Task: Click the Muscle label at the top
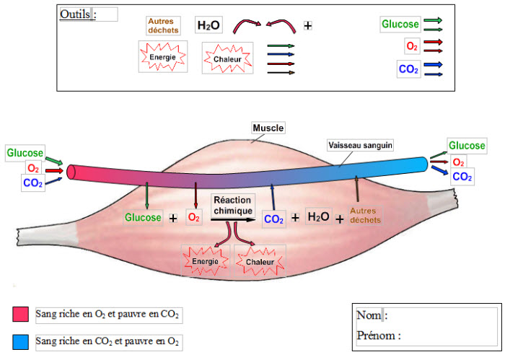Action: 268,128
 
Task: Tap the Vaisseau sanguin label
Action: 359,144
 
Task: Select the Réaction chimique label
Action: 232,205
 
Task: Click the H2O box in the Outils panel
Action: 209,26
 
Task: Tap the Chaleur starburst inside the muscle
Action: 260,261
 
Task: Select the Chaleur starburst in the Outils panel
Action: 227,58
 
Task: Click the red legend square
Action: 20,314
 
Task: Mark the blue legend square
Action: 20,341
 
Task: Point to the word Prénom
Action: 379,335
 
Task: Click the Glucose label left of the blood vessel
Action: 25,152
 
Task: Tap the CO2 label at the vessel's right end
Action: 462,177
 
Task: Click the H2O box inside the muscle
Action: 319,216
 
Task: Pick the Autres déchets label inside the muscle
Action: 364,215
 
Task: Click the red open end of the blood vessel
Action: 71,172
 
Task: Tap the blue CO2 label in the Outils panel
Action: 409,69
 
